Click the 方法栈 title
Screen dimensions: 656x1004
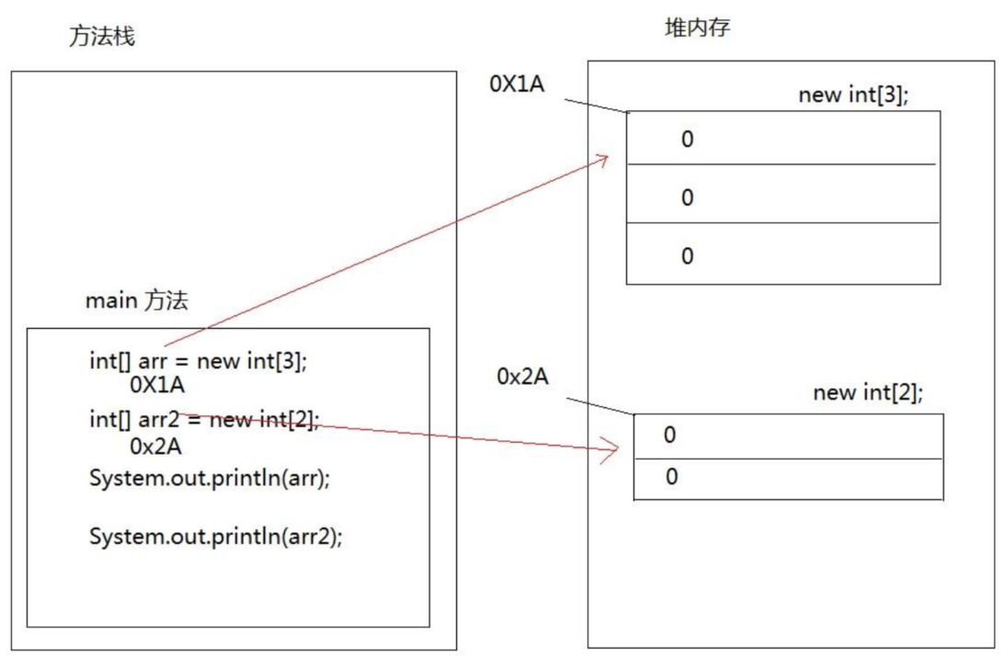[102, 38]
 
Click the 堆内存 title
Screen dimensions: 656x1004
[698, 28]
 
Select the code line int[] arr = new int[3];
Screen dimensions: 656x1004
[198, 361]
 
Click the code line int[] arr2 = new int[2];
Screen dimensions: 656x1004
[204, 420]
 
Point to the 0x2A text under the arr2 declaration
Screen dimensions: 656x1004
[155, 447]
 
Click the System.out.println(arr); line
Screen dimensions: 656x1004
[209, 479]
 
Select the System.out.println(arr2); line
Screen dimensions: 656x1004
[215, 537]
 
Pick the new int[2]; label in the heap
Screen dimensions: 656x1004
[868, 393]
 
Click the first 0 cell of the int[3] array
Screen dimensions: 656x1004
[782, 139]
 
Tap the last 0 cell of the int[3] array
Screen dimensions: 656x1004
[782, 254]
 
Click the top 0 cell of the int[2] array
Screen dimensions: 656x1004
[788, 435]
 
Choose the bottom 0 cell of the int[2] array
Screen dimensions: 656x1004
[788, 478]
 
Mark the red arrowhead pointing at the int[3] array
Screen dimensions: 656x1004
[601, 160]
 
